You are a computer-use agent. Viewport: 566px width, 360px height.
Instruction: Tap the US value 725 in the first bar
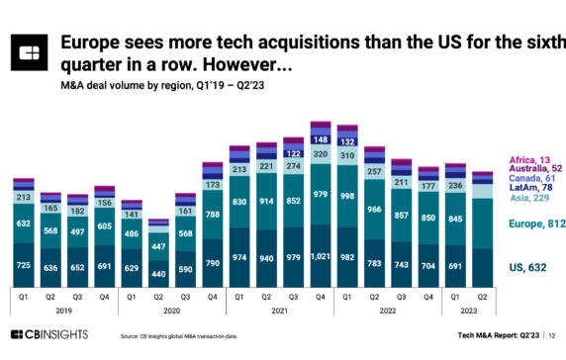[x=24, y=266]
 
